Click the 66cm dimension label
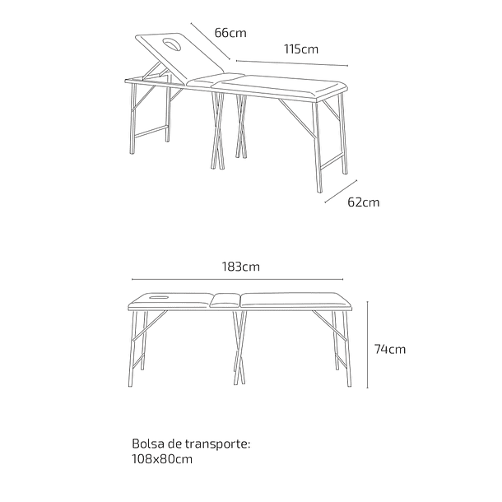(230, 33)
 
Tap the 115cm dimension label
(301, 49)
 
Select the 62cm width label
(364, 202)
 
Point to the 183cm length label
(241, 267)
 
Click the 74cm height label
(390, 349)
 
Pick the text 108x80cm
(162, 459)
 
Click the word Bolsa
(147, 444)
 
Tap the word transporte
(216, 444)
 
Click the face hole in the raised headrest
(172, 44)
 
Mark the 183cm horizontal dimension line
(237, 280)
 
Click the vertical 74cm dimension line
(368, 345)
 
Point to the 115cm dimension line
(292, 63)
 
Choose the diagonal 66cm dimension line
(211, 41)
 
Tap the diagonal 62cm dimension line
(341, 191)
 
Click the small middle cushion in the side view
(225, 300)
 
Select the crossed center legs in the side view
(239, 347)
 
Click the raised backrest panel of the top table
(179, 58)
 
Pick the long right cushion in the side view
(295, 301)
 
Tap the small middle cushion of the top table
(215, 80)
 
